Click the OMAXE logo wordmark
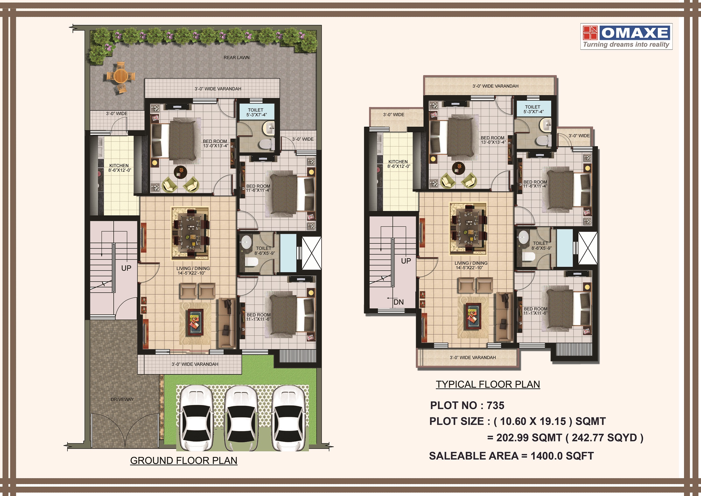[x=635, y=33]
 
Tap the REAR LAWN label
[x=236, y=57]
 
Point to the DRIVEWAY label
[x=122, y=399]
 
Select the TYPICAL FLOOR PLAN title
[x=488, y=384]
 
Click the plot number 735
[x=495, y=405]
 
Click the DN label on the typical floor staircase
[x=398, y=302]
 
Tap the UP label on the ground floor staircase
[x=126, y=268]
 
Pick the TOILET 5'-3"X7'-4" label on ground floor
[x=256, y=112]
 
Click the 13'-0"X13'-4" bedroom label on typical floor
[x=493, y=140]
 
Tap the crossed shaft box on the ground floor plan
[x=311, y=254]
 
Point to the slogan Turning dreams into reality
[x=626, y=45]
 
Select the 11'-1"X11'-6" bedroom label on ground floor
[x=258, y=317]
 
